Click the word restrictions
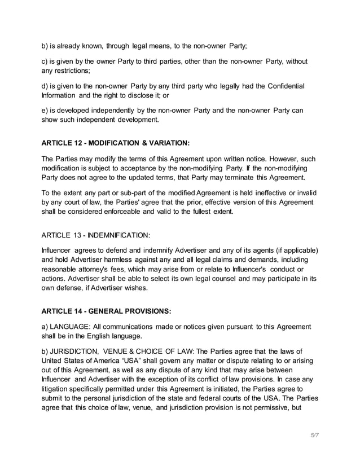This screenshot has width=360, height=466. pyautogui.click(x=75, y=71)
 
